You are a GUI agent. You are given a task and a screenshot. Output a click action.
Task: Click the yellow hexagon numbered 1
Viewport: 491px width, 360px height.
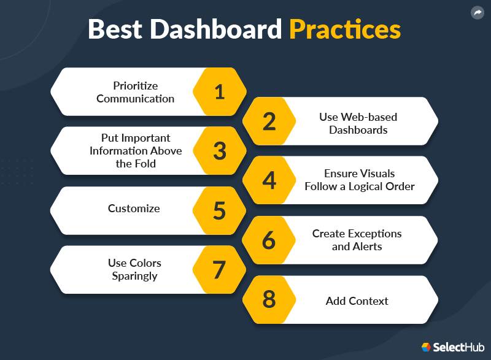(220, 92)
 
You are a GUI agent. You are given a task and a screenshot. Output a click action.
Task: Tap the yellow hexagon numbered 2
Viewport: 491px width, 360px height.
(269, 121)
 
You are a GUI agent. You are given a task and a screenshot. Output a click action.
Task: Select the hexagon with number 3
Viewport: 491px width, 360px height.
(220, 151)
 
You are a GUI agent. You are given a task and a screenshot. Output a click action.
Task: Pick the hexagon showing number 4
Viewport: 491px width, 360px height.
(269, 180)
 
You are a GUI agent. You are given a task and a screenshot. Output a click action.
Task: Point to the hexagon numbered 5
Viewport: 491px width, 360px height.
(220, 210)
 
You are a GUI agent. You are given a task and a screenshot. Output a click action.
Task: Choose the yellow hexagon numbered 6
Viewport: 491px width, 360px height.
(269, 240)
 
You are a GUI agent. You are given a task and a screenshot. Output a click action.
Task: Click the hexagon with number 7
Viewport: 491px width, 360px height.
(220, 270)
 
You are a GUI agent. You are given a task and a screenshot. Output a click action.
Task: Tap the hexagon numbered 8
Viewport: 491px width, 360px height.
(269, 300)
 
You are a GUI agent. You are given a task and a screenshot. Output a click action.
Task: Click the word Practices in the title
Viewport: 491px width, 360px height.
(345, 29)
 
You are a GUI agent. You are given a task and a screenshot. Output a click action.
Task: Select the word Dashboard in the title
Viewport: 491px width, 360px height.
(215, 29)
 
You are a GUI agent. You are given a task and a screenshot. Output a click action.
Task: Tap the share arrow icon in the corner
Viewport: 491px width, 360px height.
(477, 13)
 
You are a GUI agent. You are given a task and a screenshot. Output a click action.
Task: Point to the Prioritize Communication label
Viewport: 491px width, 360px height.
(135, 92)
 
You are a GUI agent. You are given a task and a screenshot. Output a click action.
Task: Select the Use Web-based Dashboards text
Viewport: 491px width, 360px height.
(358, 123)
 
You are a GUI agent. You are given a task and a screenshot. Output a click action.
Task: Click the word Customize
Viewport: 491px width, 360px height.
(134, 209)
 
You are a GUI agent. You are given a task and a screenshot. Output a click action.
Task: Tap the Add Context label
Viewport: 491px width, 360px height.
(357, 301)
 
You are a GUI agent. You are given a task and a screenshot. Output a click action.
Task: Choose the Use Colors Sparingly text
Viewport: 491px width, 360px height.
(134, 269)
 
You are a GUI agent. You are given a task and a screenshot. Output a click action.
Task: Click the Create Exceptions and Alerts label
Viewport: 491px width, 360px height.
(357, 240)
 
